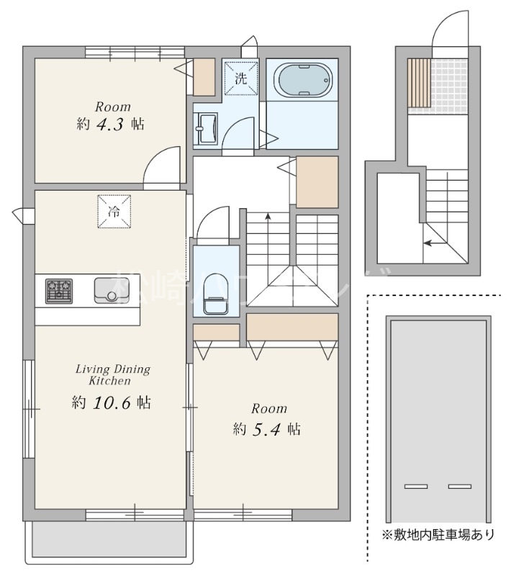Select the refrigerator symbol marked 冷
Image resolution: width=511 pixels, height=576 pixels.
[x=114, y=212]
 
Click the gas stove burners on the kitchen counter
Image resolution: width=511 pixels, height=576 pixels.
[x=60, y=290]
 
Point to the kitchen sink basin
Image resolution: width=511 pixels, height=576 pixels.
[x=112, y=290]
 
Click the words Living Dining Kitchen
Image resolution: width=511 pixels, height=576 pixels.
[x=112, y=374]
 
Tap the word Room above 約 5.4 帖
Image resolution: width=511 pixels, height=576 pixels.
[x=268, y=408]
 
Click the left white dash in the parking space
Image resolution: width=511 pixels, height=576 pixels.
[x=415, y=487]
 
